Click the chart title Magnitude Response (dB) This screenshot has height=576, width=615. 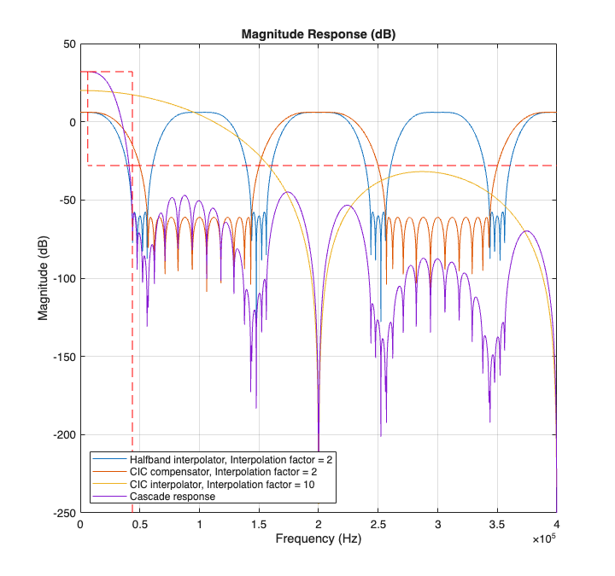click(319, 34)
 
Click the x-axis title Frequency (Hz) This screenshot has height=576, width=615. click(319, 539)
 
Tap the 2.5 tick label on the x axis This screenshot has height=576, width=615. click(378, 526)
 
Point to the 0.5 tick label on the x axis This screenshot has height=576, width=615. click(139, 526)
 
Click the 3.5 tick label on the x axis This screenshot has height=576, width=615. click(497, 526)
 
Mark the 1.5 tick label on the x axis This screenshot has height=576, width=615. click(259, 526)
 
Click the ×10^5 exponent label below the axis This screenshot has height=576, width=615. click(543, 540)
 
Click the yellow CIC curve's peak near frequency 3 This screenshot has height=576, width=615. click(422, 172)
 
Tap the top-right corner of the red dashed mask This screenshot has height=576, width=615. click(132, 72)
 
